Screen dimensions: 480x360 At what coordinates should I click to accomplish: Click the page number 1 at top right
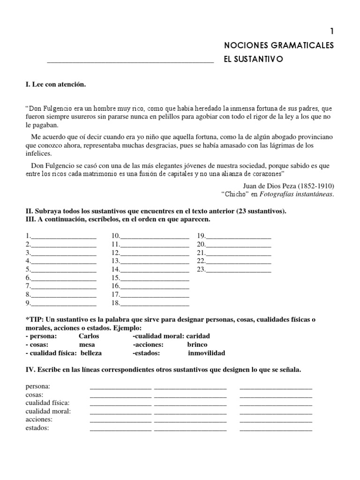(x=332, y=31)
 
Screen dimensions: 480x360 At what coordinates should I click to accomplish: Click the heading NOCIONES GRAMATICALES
(x=279, y=45)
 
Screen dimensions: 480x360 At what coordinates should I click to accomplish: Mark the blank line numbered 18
(x=155, y=305)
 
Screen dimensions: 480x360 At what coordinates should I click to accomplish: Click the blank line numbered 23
(x=239, y=271)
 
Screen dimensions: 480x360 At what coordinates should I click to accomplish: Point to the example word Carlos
(x=89, y=336)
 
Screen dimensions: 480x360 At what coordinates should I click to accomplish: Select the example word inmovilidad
(x=207, y=353)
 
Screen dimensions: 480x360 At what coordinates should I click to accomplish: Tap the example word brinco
(x=197, y=345)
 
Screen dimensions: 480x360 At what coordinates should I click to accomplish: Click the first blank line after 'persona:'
(x=120, y=388)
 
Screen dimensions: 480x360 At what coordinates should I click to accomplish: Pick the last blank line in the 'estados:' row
(x=276, y=429)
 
